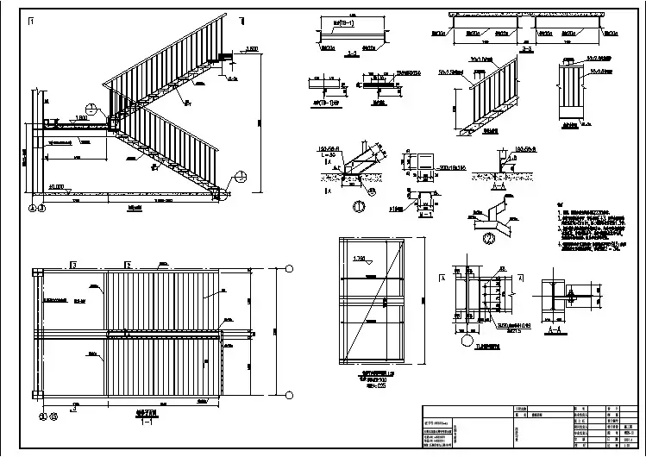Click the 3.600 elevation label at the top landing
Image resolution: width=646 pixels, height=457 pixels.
(x=252, y=49)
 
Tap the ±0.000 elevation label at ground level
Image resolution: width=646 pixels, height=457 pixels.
(x=58, y=185)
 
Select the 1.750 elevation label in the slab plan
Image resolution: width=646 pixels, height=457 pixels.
(x=361, y=259)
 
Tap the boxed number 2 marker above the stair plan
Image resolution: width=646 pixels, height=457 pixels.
(x=129, y=264)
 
